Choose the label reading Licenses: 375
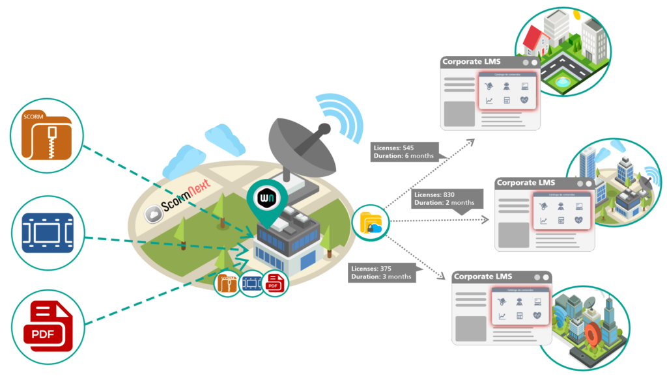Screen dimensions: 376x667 [x=371, y=268]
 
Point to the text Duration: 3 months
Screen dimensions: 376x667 [x=381, y=276]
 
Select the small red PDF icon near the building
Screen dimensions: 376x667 [x=274, y=284]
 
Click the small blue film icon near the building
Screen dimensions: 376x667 [x=251, y=284]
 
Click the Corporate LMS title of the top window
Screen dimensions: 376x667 [x=471, y=62]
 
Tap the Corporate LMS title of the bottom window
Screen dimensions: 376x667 [x=483, y=276]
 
